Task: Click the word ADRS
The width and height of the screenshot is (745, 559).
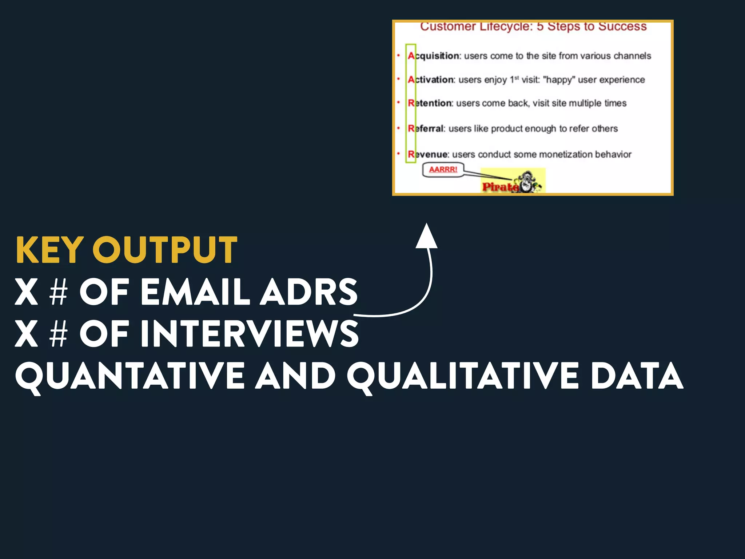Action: click(308, 292)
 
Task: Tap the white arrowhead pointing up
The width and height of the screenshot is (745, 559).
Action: click(426, 237)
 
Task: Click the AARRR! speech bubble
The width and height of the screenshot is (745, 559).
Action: click(443, 170)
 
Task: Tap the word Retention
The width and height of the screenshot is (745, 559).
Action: click(430, 103)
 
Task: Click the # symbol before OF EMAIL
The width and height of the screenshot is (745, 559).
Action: click(59, 292)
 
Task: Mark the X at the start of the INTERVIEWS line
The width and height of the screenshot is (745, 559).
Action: click(26, 333)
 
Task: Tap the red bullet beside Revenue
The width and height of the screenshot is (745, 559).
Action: click(398, 154)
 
